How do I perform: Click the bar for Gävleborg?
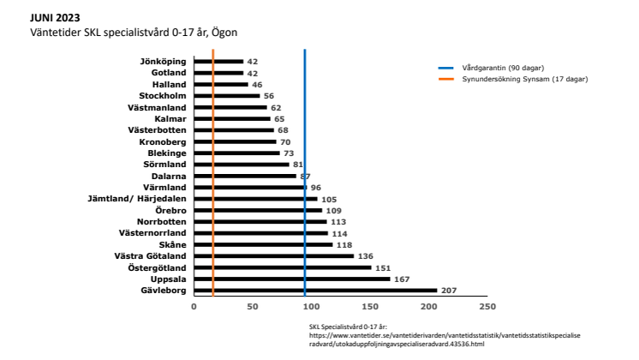click(314, 291)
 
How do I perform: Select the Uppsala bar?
click(291, 279)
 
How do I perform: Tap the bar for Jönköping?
click(218, 62)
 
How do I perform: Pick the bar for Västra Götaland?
click(273, 255)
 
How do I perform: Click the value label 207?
click(449, 291)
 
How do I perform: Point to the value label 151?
click(383, 267)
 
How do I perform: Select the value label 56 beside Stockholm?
click(269, 96)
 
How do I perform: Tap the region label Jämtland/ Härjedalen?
click(137, 199)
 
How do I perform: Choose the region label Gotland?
click(169, 74)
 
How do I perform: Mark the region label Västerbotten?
click(157, 130)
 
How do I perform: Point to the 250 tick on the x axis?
click(487, 306)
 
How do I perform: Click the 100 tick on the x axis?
click(311, 306)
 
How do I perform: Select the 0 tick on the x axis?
click(194, 306)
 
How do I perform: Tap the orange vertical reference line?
click(213, 171)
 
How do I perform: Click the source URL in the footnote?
click(445, 339)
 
